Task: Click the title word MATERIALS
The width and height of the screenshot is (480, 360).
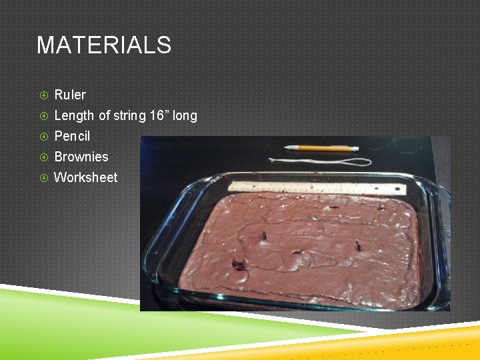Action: pyautogui.click(x=103, y=45)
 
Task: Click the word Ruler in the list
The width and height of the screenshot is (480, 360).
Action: pyautogui.click(x=69, y=95)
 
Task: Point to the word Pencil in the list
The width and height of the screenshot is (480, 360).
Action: pyautogui.click(x=71, y=136)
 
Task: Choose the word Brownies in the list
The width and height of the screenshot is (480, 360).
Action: pyautogui.click(x=81, y=157)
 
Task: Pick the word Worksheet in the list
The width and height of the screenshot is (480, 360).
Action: pyautogui.click(x=85, y=177)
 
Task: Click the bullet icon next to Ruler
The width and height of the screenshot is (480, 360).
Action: pyautogui.click(x=43, y=95)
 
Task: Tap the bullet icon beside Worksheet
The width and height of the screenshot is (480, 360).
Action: pyautogui.click(x=43, y=178)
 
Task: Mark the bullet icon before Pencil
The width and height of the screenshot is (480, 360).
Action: pyautogui.click(x=43, y=137)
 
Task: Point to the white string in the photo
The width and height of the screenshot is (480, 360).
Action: pyautogui.click(x=313, y=161)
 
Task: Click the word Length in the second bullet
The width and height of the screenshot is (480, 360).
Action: pyautogui.click(x=74, y=115)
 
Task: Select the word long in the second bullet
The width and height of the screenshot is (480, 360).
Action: pyautogui.click(x=185, y=116)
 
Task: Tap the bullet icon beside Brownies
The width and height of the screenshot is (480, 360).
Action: pyautogui.click(x=43, y=157)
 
